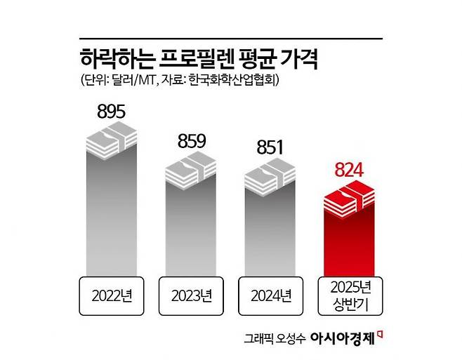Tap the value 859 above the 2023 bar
pyautogui.click(x=190, y=141)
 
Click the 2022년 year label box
pyautogui.click(x=111, y=295)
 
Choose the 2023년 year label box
pyautogui.click(x=190, y=295)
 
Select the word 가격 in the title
pyautogui.click(x=299, y=59)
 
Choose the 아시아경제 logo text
pyautogui.click(x=344, y=336)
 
